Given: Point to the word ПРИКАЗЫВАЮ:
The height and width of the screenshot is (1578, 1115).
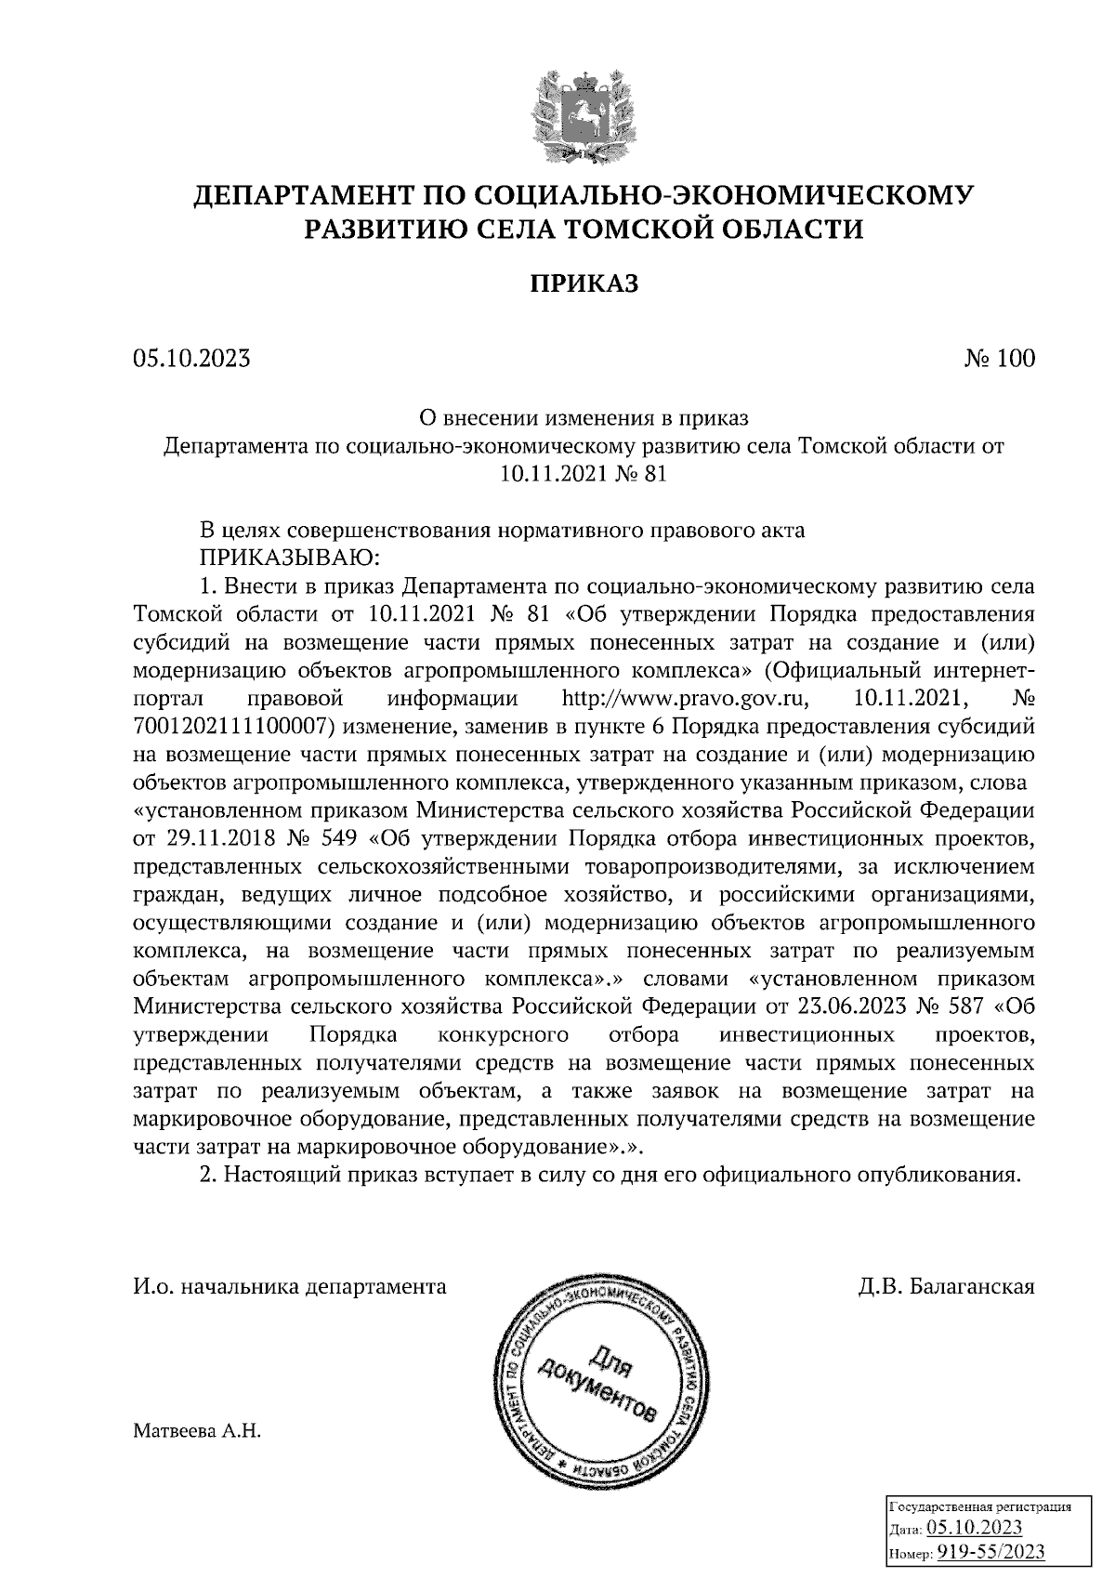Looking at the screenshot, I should [291, 559].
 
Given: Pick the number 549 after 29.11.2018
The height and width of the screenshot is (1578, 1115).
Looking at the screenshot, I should [337, 839].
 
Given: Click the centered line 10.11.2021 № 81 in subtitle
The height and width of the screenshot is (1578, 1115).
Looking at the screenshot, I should [584, 474].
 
